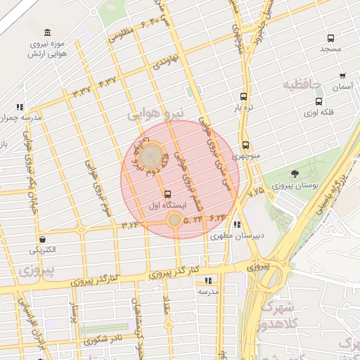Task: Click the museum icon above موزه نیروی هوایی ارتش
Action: (47, 32)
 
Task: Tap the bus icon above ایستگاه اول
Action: (167, 194)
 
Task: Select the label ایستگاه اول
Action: (167, 205)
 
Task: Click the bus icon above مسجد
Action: (330, 38)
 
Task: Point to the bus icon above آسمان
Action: (342, 77)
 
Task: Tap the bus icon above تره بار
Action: (244, 97)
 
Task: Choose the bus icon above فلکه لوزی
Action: (319, 101)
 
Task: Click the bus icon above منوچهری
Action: (245, 144)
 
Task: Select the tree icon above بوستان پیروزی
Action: (294, 174)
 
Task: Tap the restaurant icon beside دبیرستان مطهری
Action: (236, 225)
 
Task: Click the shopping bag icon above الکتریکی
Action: (43, 239)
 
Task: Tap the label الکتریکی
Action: (44, 250)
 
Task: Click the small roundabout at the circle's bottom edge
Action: (174, 221)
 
